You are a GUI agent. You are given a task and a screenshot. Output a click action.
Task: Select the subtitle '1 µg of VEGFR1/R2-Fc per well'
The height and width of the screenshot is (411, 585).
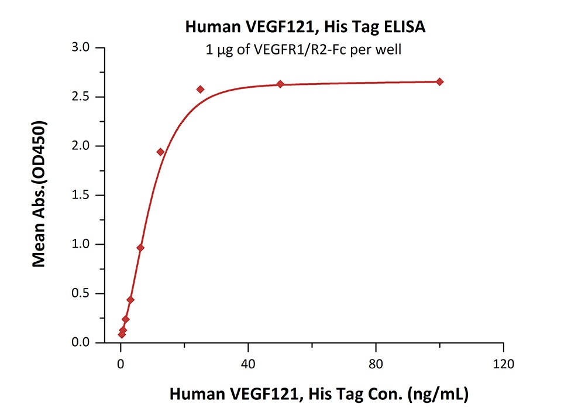tap(301, 50)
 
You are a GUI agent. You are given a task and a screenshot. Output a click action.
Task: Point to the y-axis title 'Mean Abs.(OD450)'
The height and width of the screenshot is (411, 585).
tap(39, 194)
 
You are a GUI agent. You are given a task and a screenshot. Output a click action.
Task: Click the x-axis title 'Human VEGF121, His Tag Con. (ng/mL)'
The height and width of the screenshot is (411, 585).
tap(318, 394)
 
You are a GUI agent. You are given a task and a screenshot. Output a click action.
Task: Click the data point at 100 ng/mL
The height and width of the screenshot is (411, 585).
tap(440, 81)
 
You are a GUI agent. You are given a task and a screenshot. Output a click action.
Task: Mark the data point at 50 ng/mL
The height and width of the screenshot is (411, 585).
tap(280, 84)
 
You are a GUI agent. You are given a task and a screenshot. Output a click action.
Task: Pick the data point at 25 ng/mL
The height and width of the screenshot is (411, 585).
tap(201, 89)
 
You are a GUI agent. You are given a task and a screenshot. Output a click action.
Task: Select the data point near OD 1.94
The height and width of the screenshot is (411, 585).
tap(160, 152)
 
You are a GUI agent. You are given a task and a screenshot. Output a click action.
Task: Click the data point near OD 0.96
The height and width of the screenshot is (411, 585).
tap(140, 248)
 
